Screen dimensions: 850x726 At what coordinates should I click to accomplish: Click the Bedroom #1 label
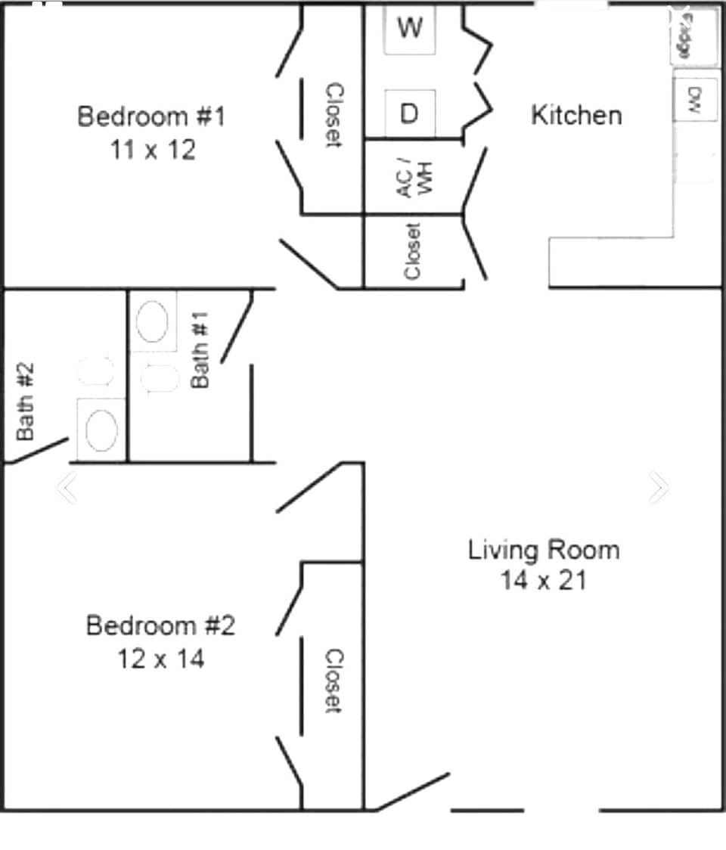pos(151,116)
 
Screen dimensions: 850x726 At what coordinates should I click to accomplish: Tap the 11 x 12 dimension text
pos(153,149)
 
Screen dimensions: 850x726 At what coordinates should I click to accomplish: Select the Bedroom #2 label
pos(160,626)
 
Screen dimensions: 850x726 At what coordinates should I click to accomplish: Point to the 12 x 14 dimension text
pos(160,659)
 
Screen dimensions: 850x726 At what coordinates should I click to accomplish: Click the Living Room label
pos(544,549)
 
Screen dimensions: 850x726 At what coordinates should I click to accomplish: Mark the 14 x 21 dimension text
pos(543,580)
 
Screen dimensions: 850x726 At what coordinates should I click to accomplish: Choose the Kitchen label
pos(577,115)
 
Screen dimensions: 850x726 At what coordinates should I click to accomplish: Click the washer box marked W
pos(409,29)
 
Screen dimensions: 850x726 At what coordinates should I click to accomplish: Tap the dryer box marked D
pos(409,113)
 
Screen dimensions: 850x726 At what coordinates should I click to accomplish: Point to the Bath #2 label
pos(26,400)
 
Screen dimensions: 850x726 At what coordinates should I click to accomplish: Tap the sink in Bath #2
pos(101,430)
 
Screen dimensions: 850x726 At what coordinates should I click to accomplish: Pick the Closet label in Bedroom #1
pos(334,115)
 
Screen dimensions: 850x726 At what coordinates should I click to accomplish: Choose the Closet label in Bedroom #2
pos(334,681)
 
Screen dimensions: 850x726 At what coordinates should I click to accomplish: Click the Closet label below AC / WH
pos(413,251)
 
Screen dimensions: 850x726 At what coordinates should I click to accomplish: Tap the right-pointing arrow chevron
pos(658,488)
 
